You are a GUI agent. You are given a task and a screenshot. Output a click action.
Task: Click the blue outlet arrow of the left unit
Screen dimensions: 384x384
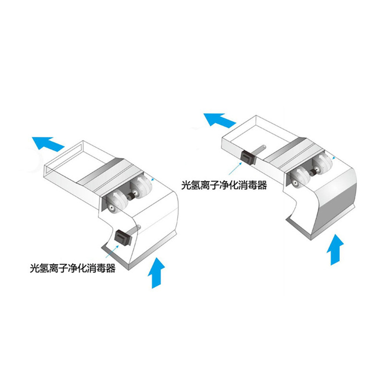click(x=48, y=143)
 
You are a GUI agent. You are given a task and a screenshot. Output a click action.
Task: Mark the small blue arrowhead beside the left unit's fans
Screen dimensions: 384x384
click(x=153, y=179)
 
